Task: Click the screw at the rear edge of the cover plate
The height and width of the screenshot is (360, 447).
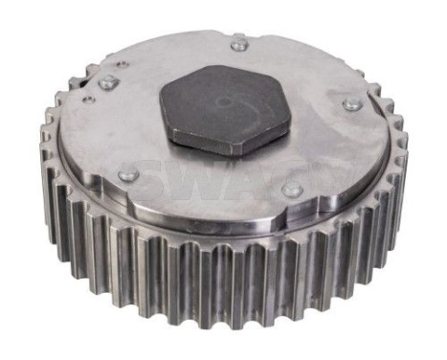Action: (x=238, y=44)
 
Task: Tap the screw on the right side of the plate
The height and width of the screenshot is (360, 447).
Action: (x=352, y=102)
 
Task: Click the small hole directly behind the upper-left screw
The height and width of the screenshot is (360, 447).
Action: (x=123, y=64)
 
